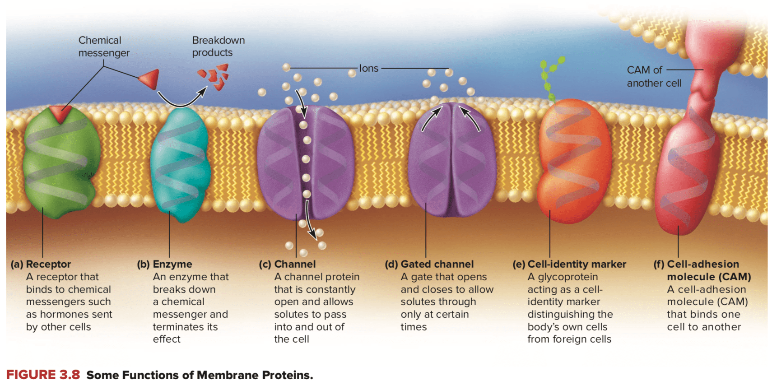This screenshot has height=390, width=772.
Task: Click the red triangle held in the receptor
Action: point(60,113)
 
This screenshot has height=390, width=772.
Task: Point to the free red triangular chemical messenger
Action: point(150,79)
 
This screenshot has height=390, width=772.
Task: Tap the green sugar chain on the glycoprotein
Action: point(551,77)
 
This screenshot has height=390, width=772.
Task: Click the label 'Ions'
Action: point(368,68)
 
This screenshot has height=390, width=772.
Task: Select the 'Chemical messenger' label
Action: point(103,46)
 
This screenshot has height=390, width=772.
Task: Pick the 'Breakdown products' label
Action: point(218,46)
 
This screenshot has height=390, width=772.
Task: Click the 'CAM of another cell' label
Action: point(653,77)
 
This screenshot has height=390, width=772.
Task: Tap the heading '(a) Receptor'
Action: point(41,264)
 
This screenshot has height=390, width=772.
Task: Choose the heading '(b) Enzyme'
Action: point(165,264)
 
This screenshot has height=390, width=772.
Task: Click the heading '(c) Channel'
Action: point(288,264)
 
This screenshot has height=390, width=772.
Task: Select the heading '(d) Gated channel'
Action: point(429,264)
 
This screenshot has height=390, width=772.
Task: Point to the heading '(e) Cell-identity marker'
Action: point(569,264)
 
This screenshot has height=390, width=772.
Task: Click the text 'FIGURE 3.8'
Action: point(43,375)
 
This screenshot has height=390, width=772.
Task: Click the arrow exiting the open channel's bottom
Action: point(309,221)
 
